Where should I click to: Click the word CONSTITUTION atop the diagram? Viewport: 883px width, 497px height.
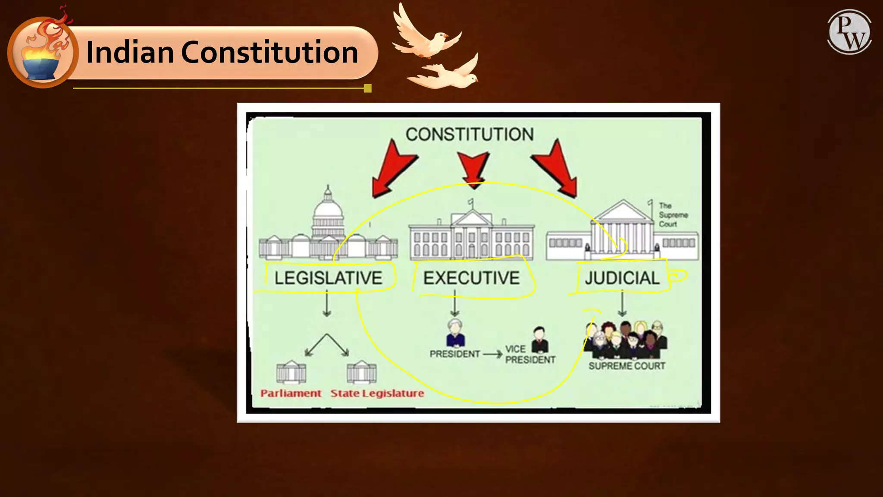(470, 134)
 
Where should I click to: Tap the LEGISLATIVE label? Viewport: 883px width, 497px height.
(328, 278)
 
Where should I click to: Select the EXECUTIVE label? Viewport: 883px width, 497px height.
(471, 278)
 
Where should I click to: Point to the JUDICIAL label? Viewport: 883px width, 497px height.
(622, 278)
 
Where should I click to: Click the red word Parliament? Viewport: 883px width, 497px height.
(291, 393)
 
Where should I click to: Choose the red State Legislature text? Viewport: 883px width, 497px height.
(377, 393)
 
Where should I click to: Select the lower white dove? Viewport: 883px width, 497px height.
(448, 75)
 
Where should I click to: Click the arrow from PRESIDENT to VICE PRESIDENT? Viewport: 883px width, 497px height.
(492, 354)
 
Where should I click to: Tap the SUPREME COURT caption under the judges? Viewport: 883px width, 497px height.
(627, 366)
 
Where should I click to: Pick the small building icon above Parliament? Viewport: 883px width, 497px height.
(291, 372)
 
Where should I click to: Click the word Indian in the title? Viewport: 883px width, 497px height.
(130, 52)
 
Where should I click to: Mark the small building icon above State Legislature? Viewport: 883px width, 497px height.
(361, 372)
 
